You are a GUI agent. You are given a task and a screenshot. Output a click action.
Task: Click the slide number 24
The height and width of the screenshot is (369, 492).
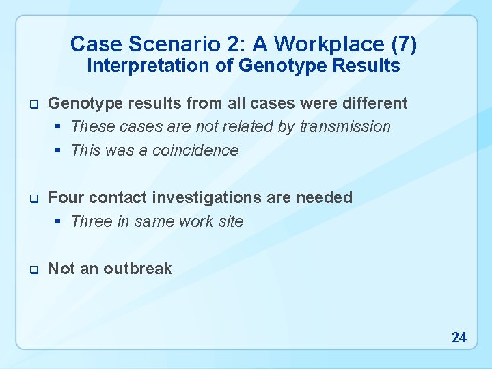pos(459,337)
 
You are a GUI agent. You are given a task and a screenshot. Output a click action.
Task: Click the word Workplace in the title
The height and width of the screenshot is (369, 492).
pos(310,44)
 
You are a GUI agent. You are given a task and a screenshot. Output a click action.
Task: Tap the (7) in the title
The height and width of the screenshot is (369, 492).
pos(402,44)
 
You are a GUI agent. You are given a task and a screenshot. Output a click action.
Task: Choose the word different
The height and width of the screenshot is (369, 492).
pos(372,103)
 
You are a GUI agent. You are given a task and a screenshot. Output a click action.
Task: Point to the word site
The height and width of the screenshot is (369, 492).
pos(230,221)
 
